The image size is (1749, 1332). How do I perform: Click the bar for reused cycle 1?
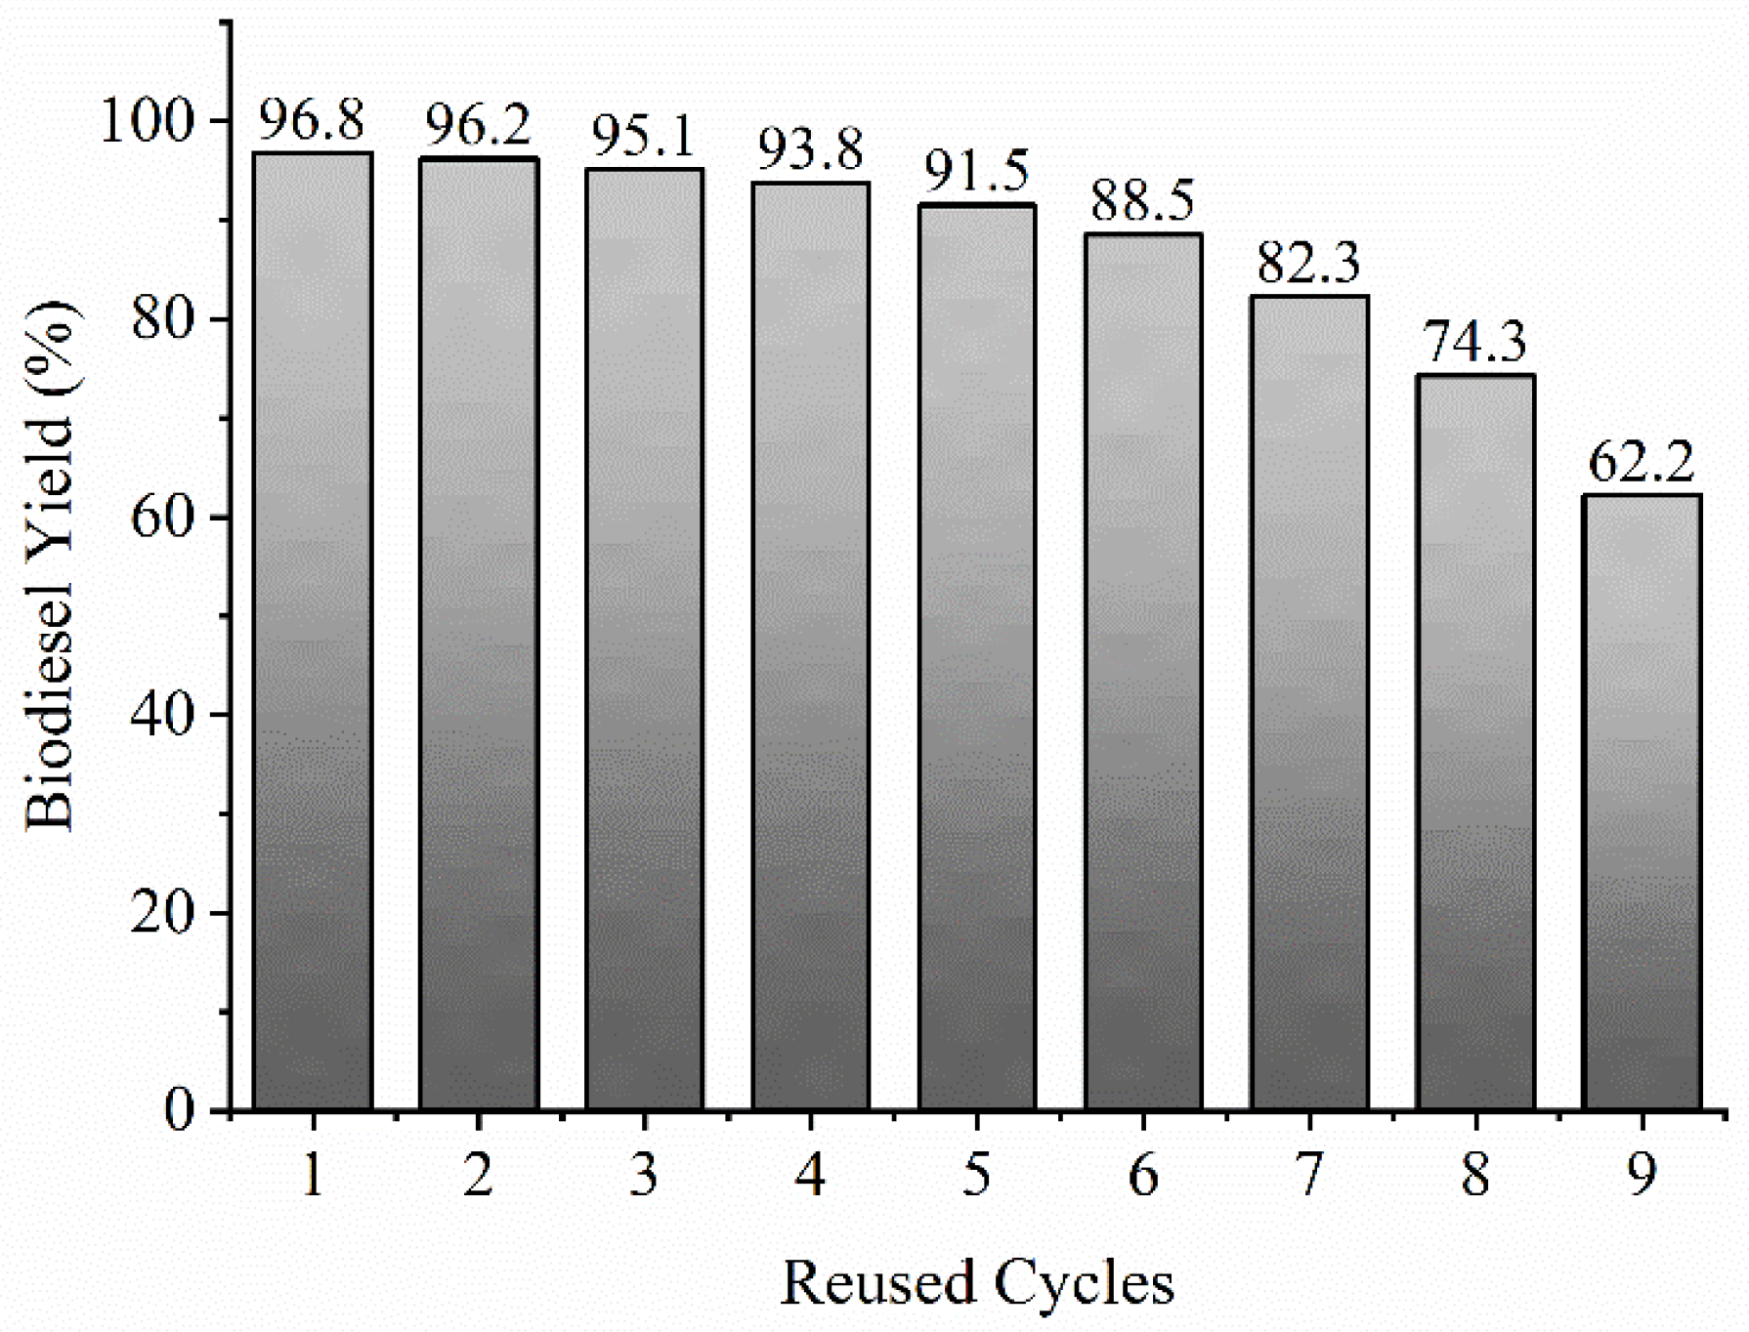pos(312,631)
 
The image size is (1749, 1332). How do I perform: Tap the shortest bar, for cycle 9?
pos(1641,801)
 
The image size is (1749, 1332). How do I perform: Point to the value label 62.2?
pos(1641,462)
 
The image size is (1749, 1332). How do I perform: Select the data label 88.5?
pos(1142,200)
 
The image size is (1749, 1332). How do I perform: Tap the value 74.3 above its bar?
pos(1474,342)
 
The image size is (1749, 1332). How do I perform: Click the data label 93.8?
pos(810,149)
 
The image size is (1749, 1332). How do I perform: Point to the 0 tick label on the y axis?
pos(180,1110)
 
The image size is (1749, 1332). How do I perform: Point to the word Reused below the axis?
pos(878,1282)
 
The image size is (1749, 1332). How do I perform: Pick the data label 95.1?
pos(644,136)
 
